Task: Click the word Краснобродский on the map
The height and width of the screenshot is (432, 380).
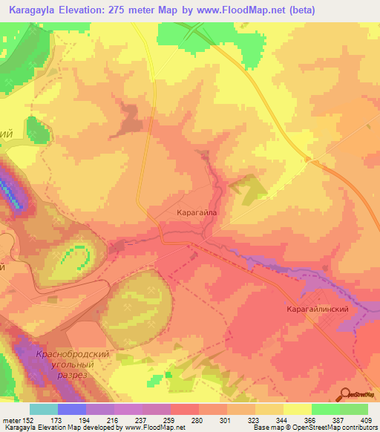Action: (72, 354)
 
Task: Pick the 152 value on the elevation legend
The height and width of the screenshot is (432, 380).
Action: (29, 420)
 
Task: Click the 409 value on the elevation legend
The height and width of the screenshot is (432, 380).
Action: (367, 420)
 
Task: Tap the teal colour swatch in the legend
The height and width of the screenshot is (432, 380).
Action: (43, 409)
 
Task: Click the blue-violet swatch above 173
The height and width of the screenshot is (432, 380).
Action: (71, 409)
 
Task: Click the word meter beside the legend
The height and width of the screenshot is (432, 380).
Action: (11, 420)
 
